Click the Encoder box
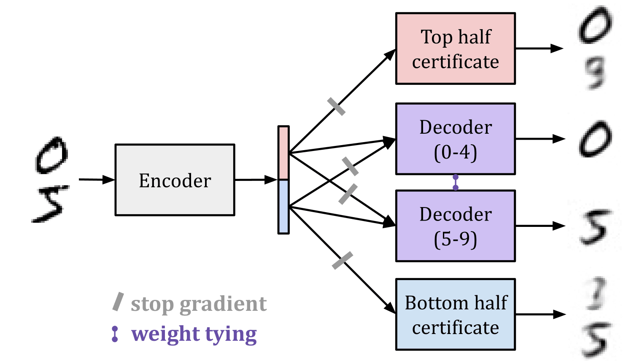pos(175,180)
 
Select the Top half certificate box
pos(455,49)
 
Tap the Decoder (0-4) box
pos(455,139)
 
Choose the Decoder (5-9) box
pos(455,226)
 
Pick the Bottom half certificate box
pos(455,315)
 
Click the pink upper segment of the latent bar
pos(283,153)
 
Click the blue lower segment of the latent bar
pos(283,207)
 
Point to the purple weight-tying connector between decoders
pos(456,182)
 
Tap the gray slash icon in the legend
pos(118,302)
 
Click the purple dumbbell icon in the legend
pos(115,334)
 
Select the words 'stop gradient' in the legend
pos(198,304)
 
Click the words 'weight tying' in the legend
pos(194,334)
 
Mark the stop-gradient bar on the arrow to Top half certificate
pos(337,106)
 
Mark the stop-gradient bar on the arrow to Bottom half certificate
pos(343,260)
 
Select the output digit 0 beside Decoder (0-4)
pos(595,139)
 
